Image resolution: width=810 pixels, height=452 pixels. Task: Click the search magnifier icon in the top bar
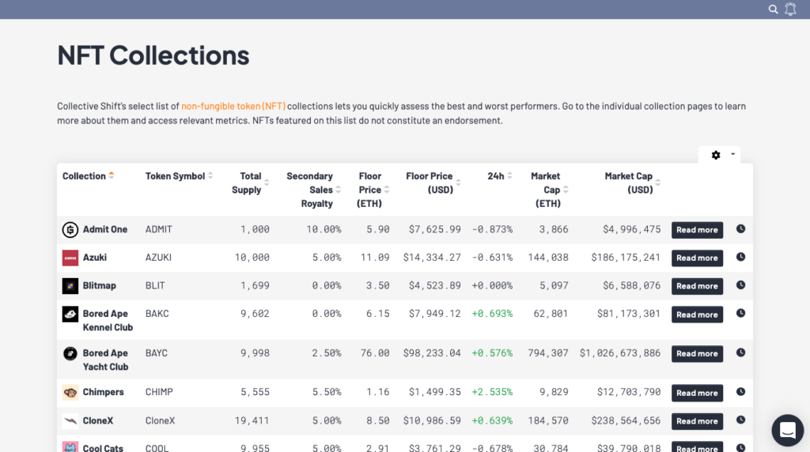[x=774, y=9]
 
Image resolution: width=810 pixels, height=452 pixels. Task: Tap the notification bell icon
[x=790, y=9]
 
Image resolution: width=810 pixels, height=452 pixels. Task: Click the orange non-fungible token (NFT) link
[x=233, y=106]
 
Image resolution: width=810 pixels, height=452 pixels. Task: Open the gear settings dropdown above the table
[x=719, y=155]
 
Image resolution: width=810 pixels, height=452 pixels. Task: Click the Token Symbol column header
[x=175, y=176]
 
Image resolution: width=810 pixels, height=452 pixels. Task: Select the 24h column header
[x=496, y=176]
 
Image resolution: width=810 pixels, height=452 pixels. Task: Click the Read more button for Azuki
[x=697, y=258]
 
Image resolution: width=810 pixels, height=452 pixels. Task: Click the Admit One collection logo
[x=70, y=229]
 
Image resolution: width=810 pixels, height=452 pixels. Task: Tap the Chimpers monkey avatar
[x=70, y=392]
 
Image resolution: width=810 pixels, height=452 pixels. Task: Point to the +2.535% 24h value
[x=492, y=392]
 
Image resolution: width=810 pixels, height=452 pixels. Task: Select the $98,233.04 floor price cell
[x=431, y=353]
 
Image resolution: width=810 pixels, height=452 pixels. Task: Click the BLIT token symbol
[x=158, y=285]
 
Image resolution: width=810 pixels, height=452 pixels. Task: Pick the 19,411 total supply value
[x=253, y=420]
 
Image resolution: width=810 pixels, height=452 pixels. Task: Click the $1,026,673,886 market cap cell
[x=620, y=353]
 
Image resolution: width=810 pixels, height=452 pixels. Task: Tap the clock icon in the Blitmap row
[x=740, y=285]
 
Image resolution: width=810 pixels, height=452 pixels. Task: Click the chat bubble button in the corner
[x=787, y=430]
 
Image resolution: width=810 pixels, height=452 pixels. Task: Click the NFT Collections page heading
[x=153, y=55]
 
